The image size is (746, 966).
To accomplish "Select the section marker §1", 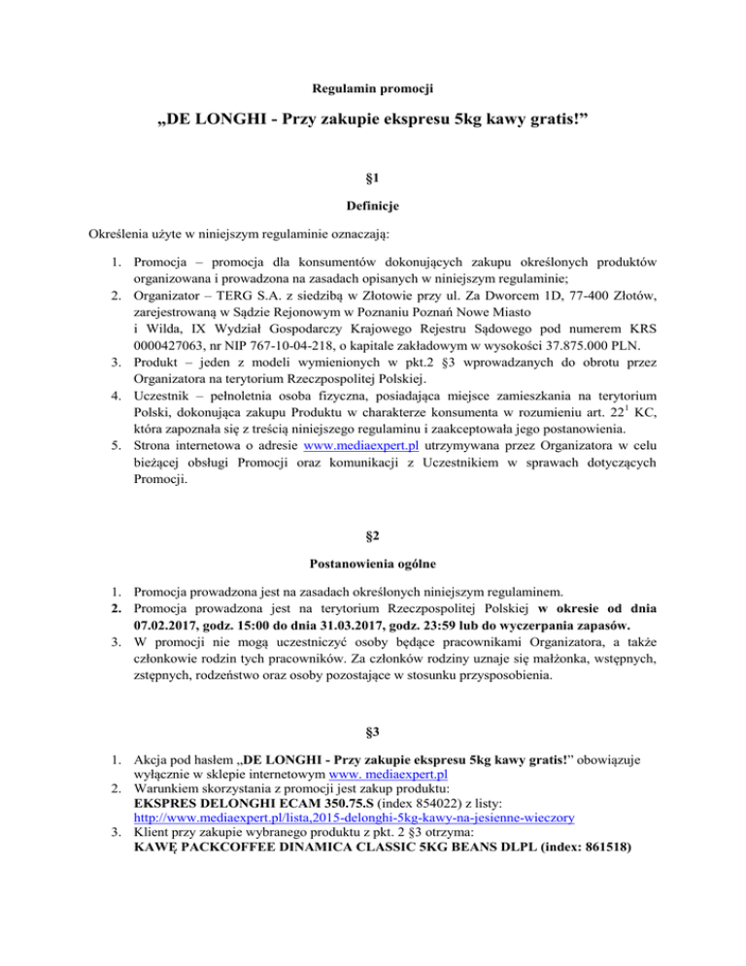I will [x=373, y=178].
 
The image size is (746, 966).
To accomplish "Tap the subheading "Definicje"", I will [x=373, y=206].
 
